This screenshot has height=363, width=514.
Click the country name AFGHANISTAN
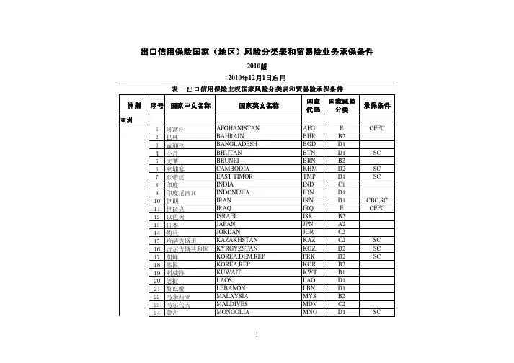click(x=239, y=127)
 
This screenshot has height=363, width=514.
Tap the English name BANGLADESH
click(x=239, y=143)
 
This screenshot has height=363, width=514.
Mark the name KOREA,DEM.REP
click(x=241, y=254)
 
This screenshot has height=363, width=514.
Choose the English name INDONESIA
click(x=236, y=191)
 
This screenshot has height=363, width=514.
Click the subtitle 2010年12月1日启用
click(x=257, y=78)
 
